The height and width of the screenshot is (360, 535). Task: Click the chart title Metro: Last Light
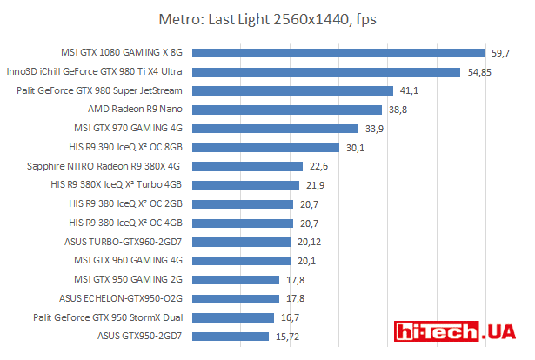(267, 18)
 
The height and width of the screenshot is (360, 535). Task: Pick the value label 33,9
(374, 129)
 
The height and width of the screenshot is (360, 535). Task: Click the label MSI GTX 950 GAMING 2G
(128, 279)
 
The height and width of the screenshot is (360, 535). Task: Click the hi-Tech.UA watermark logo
(459, 333)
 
